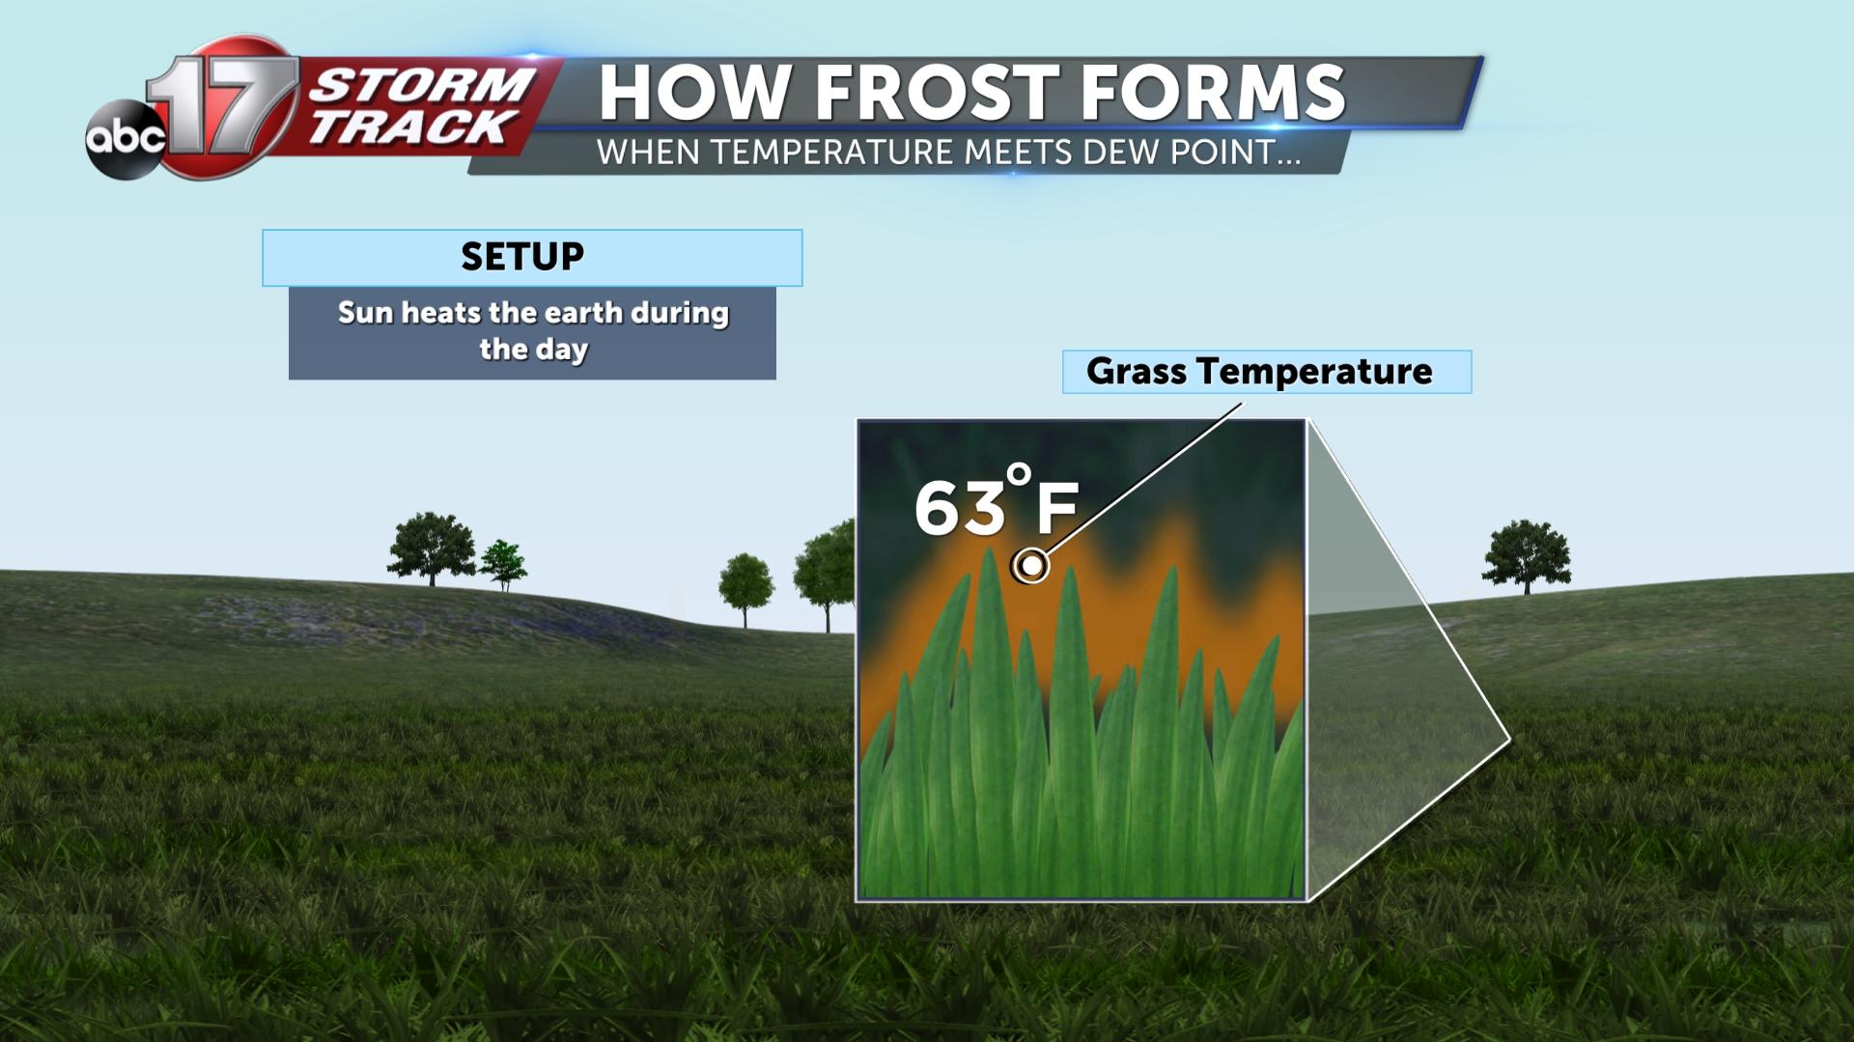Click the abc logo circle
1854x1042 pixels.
tap(125, 139)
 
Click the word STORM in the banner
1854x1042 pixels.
tap(422, 86)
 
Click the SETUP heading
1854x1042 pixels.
tap(522, 257)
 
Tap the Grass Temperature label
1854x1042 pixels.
tap(1259, 372)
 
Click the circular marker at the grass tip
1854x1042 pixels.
tap(1031, 565)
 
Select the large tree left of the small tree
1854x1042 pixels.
tap(431, 549)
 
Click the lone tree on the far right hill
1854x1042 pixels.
tap(1527, 556)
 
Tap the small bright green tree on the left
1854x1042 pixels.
tap(503, 565)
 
